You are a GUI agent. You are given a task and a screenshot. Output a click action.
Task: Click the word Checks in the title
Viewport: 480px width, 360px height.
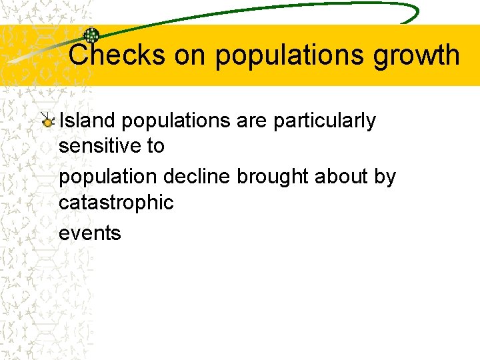coord(117,55)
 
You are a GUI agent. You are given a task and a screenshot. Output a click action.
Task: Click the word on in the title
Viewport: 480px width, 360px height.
coord(190,55)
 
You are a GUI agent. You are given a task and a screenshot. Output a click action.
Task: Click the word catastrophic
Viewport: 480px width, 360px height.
coord(116,202)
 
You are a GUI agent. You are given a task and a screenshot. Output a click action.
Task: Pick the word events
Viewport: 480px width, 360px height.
coord(90,233)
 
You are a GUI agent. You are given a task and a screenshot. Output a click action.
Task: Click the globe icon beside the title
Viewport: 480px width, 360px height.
coord(91,36)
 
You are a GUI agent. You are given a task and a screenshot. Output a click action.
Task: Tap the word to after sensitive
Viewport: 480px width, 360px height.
coord(155,145)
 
